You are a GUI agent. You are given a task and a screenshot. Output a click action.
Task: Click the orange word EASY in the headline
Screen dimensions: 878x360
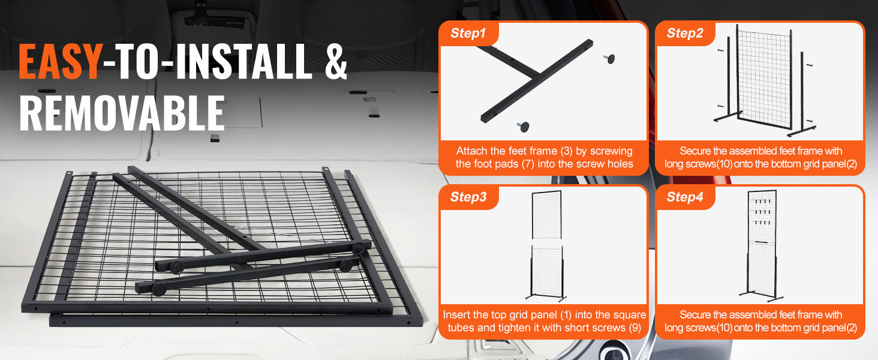(x=61, y=61)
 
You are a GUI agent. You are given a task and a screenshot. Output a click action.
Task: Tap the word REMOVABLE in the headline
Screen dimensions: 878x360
(x=122, y=113)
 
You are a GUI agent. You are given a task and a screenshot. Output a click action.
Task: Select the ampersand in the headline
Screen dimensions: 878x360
(x=336, y=61)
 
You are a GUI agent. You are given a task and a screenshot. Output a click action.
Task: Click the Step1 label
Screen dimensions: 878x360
(x=468, y=34)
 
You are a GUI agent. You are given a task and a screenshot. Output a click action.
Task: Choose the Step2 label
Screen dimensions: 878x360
(x=685, y=34)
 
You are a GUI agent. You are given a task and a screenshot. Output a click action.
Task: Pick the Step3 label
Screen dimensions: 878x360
(x=468, y=197)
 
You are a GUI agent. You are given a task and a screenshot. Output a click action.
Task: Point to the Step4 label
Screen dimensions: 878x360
(x=685, y=197)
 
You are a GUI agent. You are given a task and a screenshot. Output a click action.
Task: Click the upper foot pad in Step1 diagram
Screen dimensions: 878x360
(x=609, y=59)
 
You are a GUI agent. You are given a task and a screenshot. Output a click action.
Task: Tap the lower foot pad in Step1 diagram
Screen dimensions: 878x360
(x=523, y=126)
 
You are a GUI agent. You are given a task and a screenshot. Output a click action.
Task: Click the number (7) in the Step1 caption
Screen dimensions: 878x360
(x=528, y=164)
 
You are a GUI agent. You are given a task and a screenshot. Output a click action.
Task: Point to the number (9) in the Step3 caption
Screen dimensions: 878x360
(x=635, y=328)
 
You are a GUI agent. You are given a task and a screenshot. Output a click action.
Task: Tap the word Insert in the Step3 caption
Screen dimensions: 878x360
(x=456, y=315)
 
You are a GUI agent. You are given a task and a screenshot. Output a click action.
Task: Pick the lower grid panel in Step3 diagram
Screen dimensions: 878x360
(x=547, y=271)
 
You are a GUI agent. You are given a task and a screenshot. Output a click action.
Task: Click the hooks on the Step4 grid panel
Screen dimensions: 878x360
(x=763, y=212)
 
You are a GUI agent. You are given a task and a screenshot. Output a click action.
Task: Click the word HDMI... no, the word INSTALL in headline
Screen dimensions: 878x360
(x=245, y=61)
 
